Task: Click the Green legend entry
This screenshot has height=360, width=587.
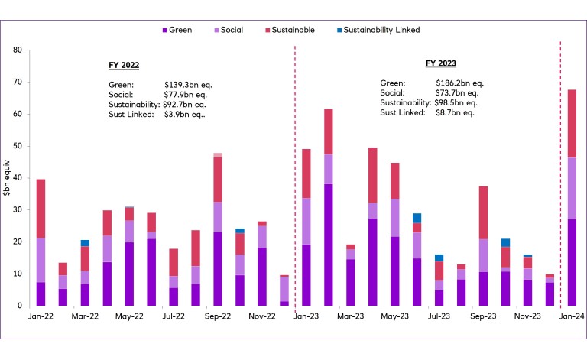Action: [177, 30]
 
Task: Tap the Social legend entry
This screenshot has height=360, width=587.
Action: [232, 30]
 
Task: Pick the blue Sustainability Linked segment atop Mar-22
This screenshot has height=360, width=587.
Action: [85, 243]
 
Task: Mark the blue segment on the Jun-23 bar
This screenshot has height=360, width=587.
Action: [416, 218]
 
